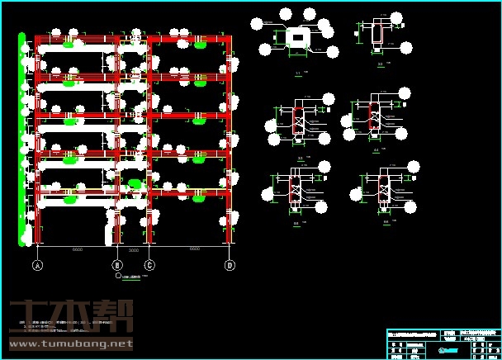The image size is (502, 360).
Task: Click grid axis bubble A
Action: coord(37,266)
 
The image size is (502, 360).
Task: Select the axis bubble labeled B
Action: coord(117,266)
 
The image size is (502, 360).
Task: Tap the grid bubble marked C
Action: coord(149,266)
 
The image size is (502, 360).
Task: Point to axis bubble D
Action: coord(230,266)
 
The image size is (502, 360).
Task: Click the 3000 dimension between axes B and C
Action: coord(134,249)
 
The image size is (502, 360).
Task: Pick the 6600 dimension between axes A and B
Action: coord(78,249)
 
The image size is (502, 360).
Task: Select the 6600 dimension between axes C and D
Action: coord(194,249)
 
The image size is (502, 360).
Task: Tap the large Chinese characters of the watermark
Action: coord(70,317)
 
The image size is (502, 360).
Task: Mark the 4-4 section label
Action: coord(377,151)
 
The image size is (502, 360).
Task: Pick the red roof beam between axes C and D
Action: coord(190,38)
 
